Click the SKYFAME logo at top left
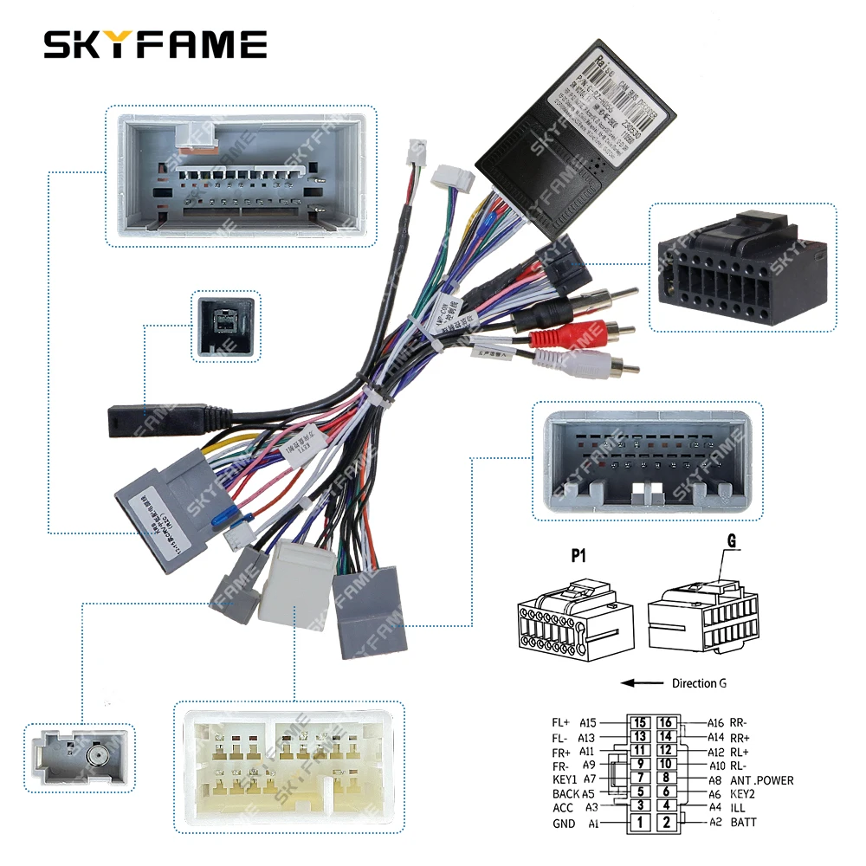155,44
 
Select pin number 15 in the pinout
640,723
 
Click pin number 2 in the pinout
665,823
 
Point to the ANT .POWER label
761,780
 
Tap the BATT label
743,822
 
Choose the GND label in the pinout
564,824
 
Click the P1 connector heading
578,556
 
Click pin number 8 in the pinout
665,778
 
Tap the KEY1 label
565,779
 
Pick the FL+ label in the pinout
561,722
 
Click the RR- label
739,722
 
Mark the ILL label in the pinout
738,807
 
